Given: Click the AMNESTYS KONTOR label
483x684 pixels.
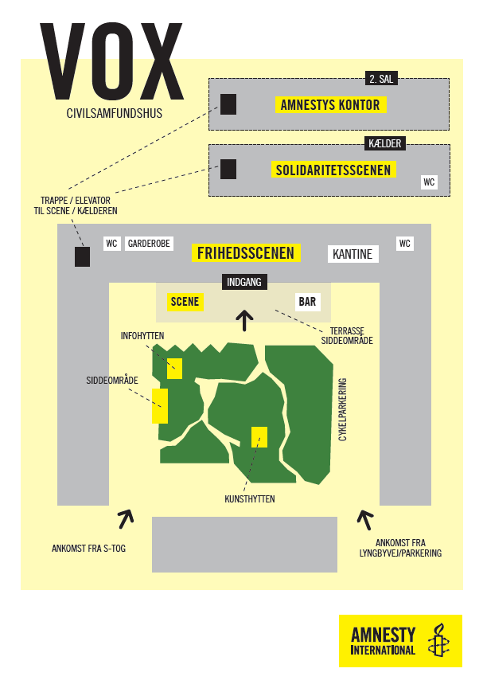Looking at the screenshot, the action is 330,105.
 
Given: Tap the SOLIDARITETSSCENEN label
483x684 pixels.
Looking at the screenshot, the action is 333,170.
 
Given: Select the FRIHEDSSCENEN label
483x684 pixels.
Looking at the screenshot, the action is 246,253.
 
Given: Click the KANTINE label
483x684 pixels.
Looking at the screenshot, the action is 353,254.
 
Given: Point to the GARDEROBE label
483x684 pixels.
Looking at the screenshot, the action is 149,244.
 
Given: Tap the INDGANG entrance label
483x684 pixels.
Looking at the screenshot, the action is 244,282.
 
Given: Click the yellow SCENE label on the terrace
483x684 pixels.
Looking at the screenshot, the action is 185,302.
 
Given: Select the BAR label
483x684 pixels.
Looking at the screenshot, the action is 307,302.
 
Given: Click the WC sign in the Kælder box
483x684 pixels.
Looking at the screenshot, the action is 429,182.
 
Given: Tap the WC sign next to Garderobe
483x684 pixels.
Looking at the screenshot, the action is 111,244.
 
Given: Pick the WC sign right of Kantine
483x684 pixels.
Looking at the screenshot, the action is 404,244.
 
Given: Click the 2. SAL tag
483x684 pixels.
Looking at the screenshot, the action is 381,79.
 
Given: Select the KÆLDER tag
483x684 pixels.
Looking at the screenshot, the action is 385,143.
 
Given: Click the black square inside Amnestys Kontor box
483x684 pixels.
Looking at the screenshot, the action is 228,104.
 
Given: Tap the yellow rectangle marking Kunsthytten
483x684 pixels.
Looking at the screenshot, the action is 259,437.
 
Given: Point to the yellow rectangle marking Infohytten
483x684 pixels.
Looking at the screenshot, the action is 174,369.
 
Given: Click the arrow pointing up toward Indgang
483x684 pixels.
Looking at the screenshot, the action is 244,321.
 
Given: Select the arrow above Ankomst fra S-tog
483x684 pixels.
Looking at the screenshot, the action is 126,518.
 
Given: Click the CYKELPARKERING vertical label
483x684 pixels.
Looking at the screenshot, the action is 343,409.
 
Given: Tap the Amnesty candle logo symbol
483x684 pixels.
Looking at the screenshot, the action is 438,640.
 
